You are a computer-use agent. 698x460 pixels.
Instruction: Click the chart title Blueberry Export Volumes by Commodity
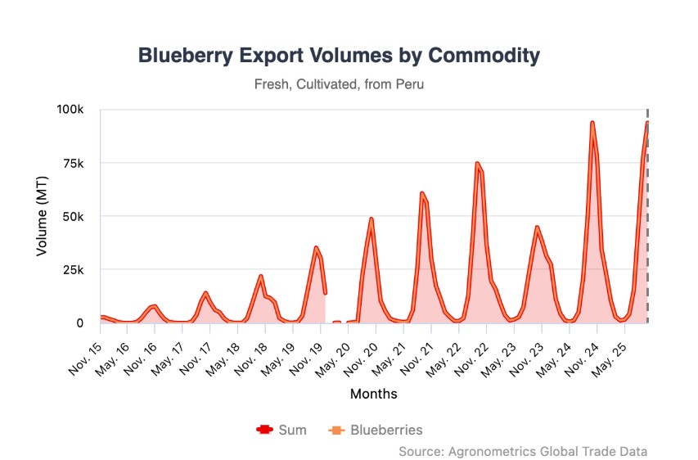339,56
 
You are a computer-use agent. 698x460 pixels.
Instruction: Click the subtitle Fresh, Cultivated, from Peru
339,84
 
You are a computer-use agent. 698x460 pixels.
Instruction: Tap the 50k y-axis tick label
73,217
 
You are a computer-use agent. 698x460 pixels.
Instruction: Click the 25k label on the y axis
73,270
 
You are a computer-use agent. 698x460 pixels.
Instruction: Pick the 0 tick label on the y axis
79,323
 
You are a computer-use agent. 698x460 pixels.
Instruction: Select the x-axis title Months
373,395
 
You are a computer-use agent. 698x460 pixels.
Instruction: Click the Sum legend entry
282,430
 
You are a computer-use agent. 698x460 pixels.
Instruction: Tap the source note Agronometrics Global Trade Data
524,451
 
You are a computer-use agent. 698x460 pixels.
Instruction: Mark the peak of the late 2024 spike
592,122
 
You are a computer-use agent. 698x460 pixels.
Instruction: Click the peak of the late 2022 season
477,163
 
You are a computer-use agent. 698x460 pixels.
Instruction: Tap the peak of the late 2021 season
421,193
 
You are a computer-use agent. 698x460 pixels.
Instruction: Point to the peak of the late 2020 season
371,219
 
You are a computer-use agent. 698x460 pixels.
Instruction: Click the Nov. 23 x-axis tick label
527,350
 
